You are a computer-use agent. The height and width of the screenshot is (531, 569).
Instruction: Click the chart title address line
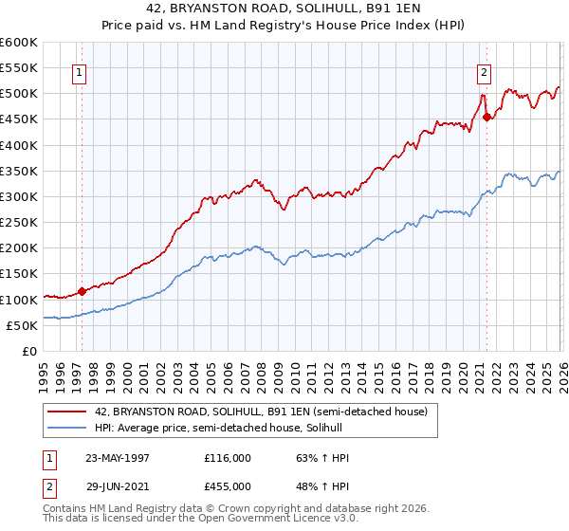[x=284, y=10]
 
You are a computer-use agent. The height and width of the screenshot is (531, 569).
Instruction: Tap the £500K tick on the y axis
[x=18, y=94]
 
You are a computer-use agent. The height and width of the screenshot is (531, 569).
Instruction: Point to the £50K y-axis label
[x=22, y=325]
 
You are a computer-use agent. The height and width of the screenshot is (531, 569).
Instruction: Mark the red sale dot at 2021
[x=486, y=118]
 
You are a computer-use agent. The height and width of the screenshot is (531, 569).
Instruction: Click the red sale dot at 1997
[x=83, y=291]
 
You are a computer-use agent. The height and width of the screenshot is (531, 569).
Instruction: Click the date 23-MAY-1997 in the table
[x=117, y=458]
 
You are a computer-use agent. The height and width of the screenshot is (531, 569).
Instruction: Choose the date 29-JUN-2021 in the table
[x=117, y=486]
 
